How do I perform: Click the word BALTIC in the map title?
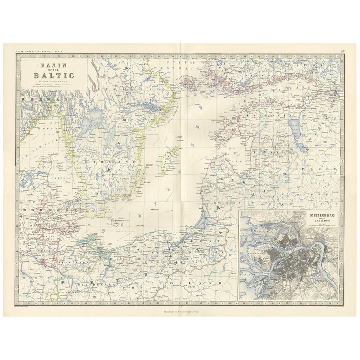pos(53,75)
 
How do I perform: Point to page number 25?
pos(343,51)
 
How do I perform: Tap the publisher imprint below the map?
pos(180,309)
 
